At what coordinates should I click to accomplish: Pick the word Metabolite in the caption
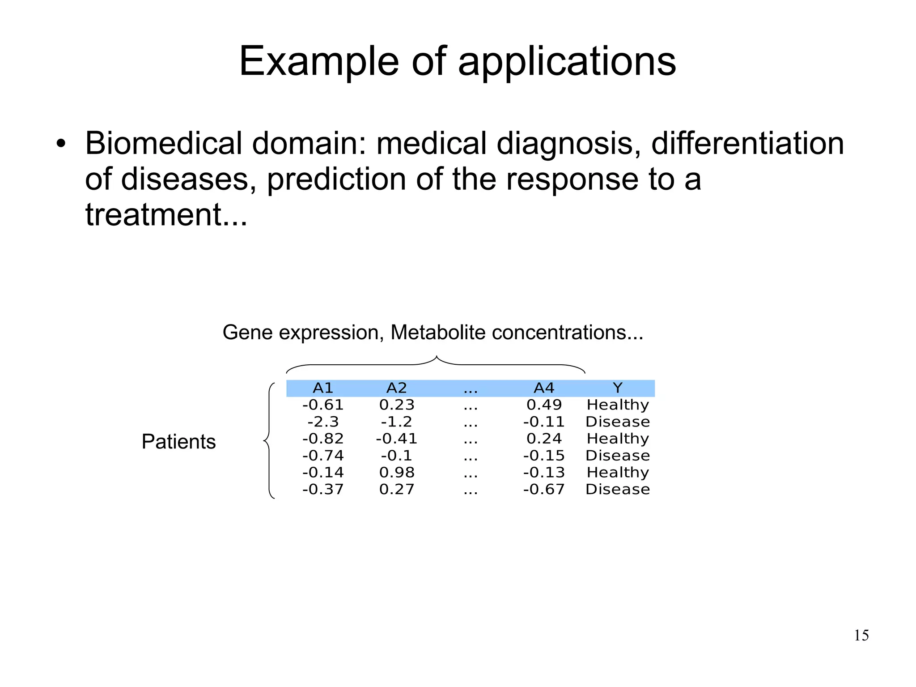click(x=438, y=333)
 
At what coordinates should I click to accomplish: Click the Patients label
click(x=178, y=442)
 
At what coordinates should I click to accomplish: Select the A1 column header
click(x=323, y=388)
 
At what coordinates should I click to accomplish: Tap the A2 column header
click(x=397, y=388)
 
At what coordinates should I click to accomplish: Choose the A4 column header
click(x=544, y=388)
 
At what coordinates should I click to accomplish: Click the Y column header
click(x=618, y=388)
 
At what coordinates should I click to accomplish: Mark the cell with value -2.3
click(x=323, y=422)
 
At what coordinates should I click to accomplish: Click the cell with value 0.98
click(x=397, y=472)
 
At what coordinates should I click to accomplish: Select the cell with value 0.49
click(x=544, y=405)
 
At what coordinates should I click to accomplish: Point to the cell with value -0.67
click(x=544, y=489)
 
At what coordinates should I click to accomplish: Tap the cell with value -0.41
click(x=397, y=439)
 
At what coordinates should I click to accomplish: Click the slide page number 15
click(x=861, y=636)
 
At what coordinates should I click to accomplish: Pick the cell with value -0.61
click(x=323, y=405)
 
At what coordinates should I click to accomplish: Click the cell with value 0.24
click(x=544, y=439)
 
